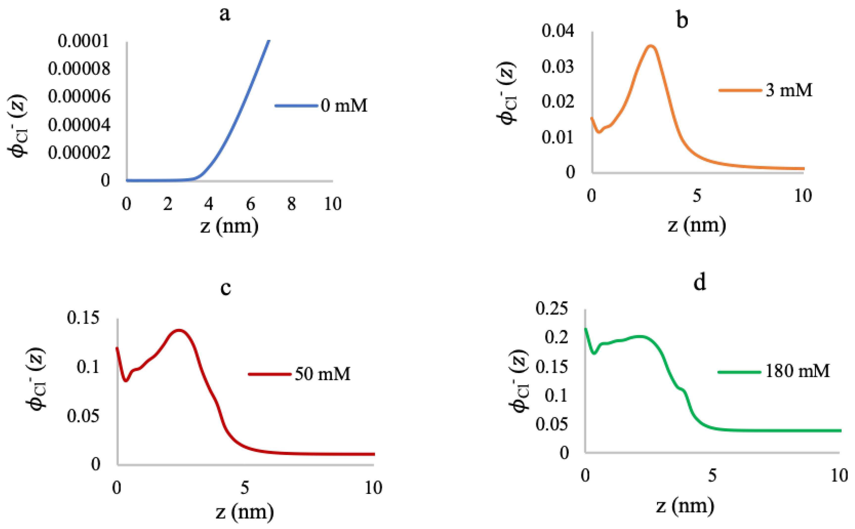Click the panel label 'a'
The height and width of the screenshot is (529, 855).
[x=225, y=15]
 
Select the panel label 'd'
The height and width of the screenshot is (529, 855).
[x=699, y=283]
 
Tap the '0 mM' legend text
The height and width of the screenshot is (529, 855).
[x=344, y=105]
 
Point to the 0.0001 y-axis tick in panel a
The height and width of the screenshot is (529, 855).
[x=83, y=41]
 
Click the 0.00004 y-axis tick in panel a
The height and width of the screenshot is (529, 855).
[x=79, y=125]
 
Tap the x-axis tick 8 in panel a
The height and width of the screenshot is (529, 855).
[x=291, y=204]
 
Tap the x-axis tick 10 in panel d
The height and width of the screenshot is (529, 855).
[x=839, y=476]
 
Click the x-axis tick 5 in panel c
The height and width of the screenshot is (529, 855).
[x=245, y=488]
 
